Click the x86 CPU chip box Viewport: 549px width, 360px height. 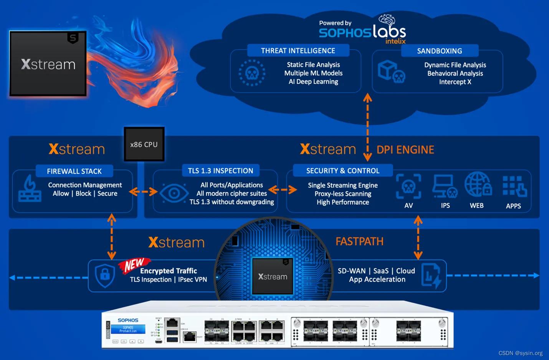[x=144, y=144]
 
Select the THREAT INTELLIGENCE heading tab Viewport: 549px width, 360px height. [x=298, y=51]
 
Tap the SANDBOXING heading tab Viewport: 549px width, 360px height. [x=440, y=51]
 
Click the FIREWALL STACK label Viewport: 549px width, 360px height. [x=74, y=171]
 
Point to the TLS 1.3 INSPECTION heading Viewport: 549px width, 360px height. [x=220, y=171]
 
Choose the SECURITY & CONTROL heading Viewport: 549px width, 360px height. [x=342, y=171]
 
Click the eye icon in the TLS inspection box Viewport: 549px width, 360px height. [x=174, y=193]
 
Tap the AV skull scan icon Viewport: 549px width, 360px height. [x=408, y=186]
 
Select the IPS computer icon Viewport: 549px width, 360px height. [x=445, y=186]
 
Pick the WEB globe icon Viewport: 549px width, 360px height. [x=478, y=185]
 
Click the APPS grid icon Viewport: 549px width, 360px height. [x=514, y=186]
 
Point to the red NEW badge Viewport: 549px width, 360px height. [x=133, y=265]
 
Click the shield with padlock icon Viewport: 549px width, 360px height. [x=105, y=275]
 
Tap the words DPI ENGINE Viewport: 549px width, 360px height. [x=405, y=150]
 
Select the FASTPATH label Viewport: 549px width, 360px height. [x=359, y=242]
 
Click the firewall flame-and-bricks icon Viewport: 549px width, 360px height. [x=30, y=189]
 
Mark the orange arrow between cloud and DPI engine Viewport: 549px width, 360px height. [x=367, y=127]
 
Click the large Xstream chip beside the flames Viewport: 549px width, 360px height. [x=48, y=64]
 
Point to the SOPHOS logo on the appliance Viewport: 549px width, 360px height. [x=128, y=320]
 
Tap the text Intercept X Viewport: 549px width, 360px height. [x=455, y=82]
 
